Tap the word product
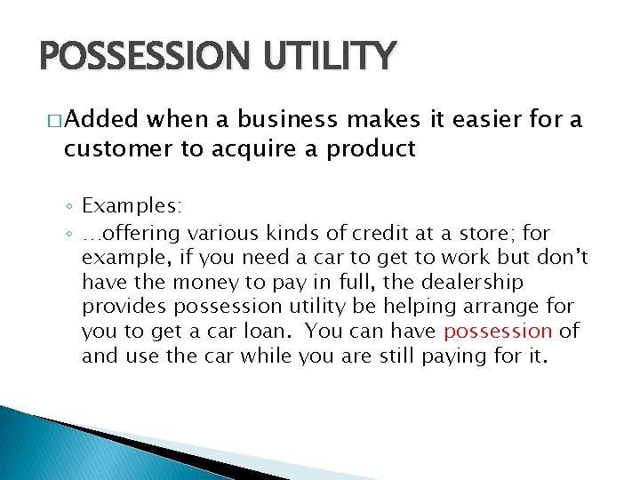coord(371,148)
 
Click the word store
coord(482,233)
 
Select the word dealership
coord(470,283)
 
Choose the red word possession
coord(498,332)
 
